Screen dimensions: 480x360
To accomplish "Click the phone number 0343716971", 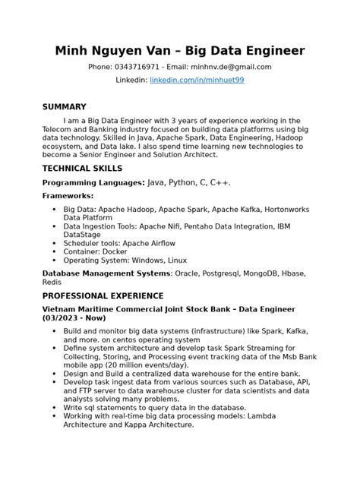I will [x=142, y=67].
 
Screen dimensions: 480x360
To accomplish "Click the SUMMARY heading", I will [x=64, y=107].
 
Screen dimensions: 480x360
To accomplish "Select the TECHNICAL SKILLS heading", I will [x=82, y=168].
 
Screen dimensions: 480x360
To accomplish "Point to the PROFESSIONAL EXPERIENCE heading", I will [x=103, y=295].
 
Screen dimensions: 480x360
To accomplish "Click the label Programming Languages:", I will [x=93, y=183].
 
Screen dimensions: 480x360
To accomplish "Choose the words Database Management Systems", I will [x=107, y=273].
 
